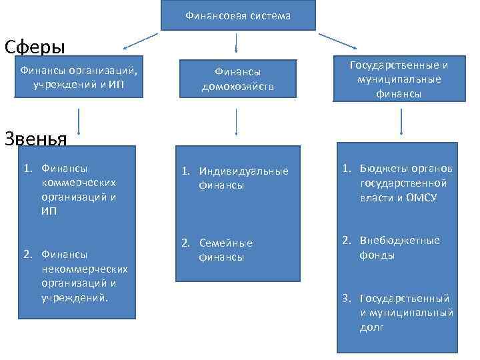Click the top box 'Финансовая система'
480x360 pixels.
click(237, 15)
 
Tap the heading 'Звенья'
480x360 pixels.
click(35, 138)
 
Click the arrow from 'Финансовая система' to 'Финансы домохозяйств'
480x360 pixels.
click(237, 42)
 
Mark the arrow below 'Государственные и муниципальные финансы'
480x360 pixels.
click(401, 123)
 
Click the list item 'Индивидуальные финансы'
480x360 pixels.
click(237, 178)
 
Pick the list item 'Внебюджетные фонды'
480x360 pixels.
click(393, 247)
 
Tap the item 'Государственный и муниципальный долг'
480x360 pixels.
click(400, 313)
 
